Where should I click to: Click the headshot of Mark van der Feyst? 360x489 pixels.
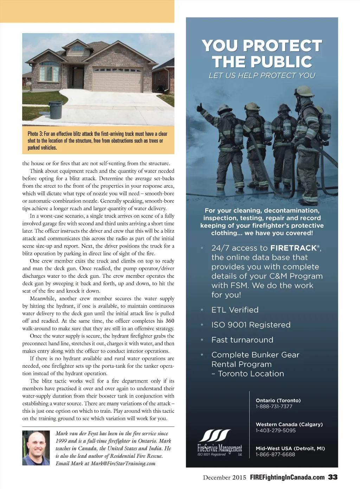36,448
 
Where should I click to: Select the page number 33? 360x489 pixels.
333,477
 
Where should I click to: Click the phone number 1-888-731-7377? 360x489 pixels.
274,406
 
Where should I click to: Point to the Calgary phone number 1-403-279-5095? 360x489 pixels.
276,430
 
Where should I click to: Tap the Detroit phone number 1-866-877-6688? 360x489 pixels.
275,454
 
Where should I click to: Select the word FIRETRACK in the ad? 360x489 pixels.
294,248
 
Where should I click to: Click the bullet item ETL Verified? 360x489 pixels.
235,310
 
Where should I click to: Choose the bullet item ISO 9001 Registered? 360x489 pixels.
251,325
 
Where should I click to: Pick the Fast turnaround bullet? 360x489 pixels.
242,340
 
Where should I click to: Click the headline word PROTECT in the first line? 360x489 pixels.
282,46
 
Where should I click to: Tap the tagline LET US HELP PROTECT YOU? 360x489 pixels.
262,75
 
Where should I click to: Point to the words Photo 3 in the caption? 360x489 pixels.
35,134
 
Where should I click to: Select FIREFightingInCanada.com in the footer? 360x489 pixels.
287,477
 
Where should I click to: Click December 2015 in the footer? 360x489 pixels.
224,477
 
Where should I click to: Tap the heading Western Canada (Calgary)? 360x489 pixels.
289,424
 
